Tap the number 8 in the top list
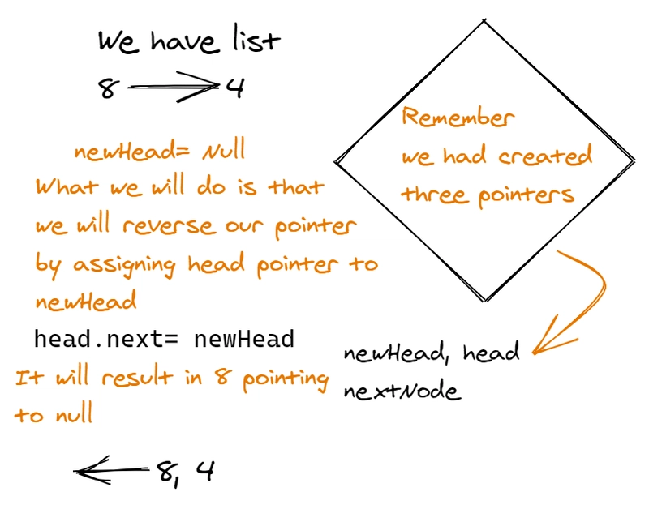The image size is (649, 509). click(106, 88)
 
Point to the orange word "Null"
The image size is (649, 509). click(222, 152)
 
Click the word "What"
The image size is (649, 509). click(67, 187)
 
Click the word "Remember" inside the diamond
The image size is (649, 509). click(458, 118)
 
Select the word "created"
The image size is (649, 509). click(545, 156)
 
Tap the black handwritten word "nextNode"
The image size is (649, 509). click(402, 392)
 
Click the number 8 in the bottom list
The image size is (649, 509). click(168, 471)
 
